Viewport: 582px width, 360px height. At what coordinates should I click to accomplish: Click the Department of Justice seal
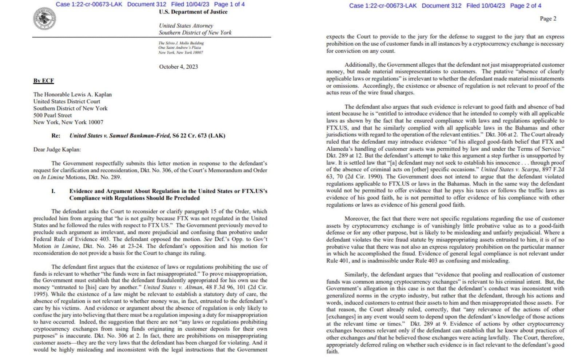point(44,19)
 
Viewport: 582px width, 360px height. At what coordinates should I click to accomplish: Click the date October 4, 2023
point(178,67)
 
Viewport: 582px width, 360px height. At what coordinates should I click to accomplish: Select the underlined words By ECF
point(44,81)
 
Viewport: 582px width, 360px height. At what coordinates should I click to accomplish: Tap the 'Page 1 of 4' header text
point(229,4)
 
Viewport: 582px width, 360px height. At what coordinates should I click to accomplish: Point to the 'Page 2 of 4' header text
point(526,5)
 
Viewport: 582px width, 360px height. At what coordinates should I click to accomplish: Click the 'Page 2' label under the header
point(548,19)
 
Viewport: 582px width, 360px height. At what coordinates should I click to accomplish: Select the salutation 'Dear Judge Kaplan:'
point(57,149)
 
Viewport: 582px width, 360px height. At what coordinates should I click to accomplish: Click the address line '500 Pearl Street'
point(52,115)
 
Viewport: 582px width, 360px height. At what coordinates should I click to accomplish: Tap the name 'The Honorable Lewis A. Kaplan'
point(72,95)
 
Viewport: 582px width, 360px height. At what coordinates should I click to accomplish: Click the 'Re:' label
point(56,136)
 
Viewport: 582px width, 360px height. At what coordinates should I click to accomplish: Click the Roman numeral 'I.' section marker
point(53,191)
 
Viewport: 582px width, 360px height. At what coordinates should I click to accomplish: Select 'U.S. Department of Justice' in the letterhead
point(193,12)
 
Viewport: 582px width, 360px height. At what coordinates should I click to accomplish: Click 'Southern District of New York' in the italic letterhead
point(195,32)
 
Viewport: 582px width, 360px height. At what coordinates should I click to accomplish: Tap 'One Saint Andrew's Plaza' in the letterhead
point(179,48)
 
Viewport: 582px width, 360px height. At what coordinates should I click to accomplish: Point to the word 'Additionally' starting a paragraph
point(360,65)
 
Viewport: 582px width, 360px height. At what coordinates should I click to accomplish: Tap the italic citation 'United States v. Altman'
point(173,287)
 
